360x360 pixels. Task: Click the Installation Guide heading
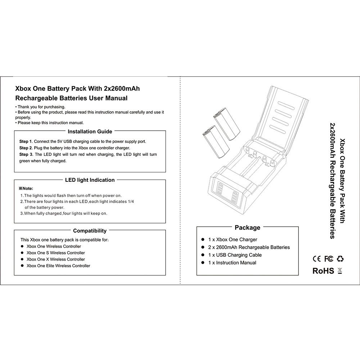click(90, 132)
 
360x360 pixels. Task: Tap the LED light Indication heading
click(90, 180)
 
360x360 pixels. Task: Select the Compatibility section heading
click(90, 231)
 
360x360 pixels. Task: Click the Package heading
click(247, 228)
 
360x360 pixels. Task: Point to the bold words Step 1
click(26, 141)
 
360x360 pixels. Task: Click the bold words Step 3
click(26, 154)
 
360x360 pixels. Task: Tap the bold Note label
click(26, 188)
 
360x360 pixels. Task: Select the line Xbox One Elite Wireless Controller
click(58, 266)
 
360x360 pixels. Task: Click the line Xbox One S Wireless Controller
click(56, 253)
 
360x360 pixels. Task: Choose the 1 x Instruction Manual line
click(232, 263)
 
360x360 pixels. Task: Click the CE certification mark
click(317, 258)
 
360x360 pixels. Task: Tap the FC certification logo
click(328, 258)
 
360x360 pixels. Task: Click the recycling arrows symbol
click(340, 258)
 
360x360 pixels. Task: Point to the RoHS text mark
click(323, 271)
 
